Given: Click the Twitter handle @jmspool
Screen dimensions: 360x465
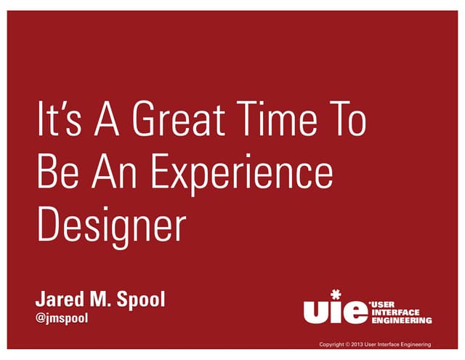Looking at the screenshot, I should pyautogui.click(x=62, y=318).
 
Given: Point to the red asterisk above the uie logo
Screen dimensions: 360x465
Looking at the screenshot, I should pyautogui.click(x=335, y=294).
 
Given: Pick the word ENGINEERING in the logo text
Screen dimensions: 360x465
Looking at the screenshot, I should pyautogui.click(x=402, y=320).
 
